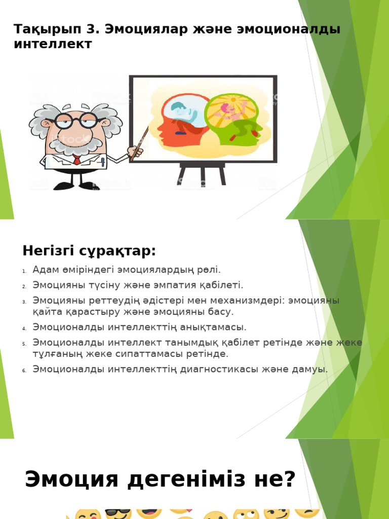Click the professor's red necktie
coord(76,160)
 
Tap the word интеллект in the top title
coord(53,44)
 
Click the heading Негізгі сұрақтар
coord(89,250)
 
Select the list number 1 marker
coord(24,271)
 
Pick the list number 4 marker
coord(24,328)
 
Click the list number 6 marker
coord(24,370)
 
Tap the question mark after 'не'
coord(289,479)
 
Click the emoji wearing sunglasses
coord(118,513)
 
